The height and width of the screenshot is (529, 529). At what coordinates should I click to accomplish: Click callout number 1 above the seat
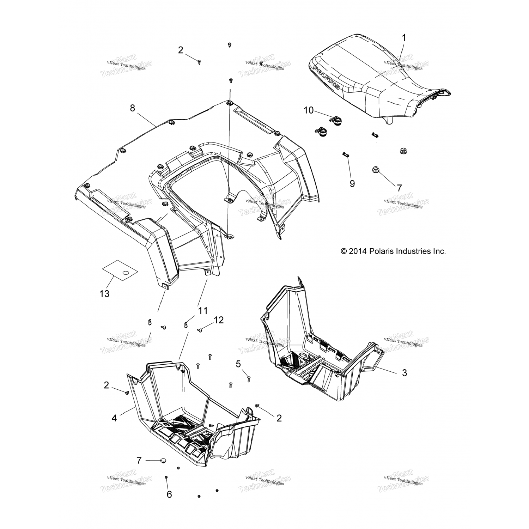coord(404,38)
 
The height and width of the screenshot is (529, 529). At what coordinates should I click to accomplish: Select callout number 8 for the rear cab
coord(132,108)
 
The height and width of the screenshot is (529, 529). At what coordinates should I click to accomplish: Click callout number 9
coord(352,183)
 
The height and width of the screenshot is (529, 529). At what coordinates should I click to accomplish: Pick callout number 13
coord(105,293)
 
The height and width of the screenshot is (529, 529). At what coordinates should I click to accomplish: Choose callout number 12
coord(218,320)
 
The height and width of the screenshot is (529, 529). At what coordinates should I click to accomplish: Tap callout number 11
coord(203,311)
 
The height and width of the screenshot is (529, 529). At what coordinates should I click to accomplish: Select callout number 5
coord(238,363)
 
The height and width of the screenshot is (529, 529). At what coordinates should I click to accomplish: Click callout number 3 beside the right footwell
coord(405,372)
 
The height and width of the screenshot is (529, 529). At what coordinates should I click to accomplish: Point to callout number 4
coord(114,418)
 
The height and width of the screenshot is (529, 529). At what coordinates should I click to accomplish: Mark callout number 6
coord(169,494)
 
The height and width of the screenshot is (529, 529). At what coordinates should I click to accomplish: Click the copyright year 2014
coord(359,251)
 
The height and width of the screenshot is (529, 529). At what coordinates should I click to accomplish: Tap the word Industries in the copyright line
coord(413,251)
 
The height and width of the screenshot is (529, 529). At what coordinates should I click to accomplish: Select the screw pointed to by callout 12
coord(200,330)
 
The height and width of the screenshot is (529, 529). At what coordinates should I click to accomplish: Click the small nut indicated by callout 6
coord(166,477)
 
